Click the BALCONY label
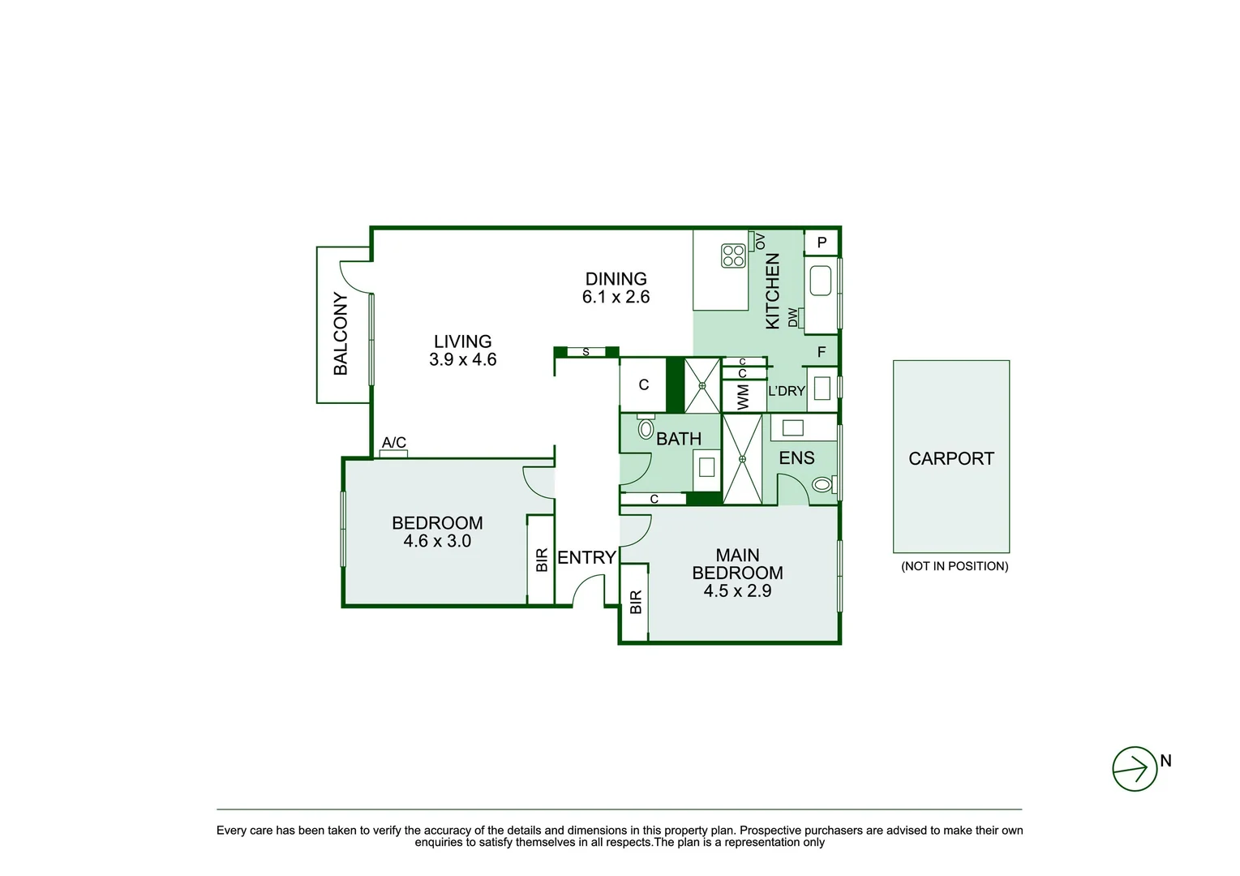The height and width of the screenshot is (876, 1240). (341, 333)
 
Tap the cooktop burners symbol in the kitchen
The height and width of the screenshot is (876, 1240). (733, 255)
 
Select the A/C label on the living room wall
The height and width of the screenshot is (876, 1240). (393, 442)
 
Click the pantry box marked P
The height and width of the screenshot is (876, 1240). (821, 243)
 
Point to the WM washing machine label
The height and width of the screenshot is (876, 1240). (743, 397)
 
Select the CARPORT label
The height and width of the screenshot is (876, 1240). (951, 458)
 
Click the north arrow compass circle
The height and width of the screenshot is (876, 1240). (1135, 769)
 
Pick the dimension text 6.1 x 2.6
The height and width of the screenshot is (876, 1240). (616, 297)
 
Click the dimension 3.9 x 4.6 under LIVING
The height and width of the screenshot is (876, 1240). (463, 359)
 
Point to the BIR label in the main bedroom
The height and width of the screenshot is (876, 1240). (636, 602)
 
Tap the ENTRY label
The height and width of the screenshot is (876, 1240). (587, 557)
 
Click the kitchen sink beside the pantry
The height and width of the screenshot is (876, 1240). (821, 281)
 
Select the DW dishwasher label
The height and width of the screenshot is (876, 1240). (792, 317)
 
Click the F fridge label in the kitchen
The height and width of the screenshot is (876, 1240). (822, 352)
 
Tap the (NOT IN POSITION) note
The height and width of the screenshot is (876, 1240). (955, 566)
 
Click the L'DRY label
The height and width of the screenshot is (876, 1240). (786, 391)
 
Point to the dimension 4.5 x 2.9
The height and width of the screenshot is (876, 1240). (737, 590)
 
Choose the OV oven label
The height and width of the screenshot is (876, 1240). (760, 242)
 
